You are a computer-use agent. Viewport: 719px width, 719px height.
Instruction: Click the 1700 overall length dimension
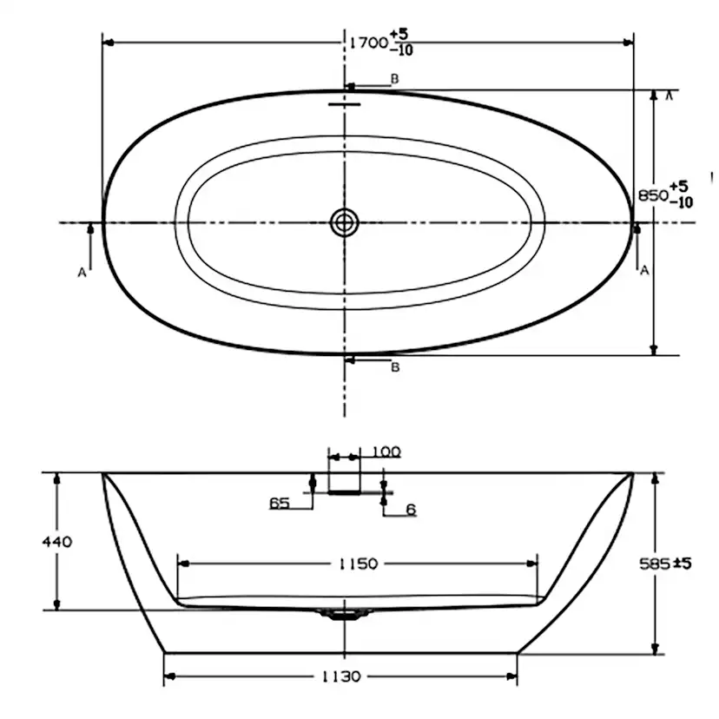[366, 42]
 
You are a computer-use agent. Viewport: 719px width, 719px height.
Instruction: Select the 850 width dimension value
[651, 195]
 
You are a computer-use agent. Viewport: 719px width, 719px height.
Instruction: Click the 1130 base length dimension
[340, 676]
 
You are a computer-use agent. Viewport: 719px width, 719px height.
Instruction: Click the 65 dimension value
[280, 503]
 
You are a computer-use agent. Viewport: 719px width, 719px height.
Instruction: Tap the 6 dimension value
[411, 510]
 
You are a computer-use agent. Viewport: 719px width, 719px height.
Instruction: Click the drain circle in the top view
[345, 222]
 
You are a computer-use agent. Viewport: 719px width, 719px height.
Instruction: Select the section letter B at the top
[394, 79]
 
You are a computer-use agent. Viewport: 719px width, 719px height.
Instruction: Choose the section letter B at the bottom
[395, 367]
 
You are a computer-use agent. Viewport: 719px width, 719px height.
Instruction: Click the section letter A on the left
[82, 272]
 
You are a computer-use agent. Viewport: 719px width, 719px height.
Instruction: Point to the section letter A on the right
[644, 271]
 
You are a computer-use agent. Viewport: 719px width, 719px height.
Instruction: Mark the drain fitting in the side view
[345, 614]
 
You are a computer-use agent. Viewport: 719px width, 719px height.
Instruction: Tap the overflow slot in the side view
[344, 491]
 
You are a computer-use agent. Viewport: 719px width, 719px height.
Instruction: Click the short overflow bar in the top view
[344, 102]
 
